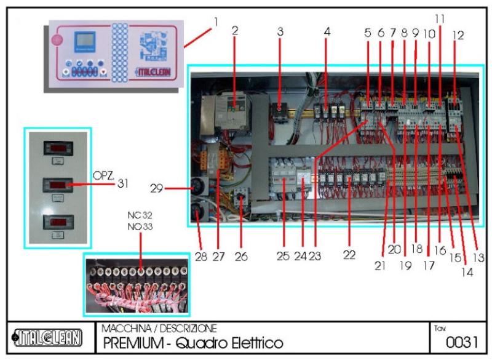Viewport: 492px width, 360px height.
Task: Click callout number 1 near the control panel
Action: coord(215,22)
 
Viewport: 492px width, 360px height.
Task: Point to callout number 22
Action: coord(349,255)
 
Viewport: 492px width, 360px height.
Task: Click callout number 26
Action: coord(240,256)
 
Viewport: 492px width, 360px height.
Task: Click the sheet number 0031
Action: coord(458,342)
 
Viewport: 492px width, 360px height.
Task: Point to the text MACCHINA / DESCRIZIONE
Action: coord(159,329)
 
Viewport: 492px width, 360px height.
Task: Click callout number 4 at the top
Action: coord(327,31)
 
